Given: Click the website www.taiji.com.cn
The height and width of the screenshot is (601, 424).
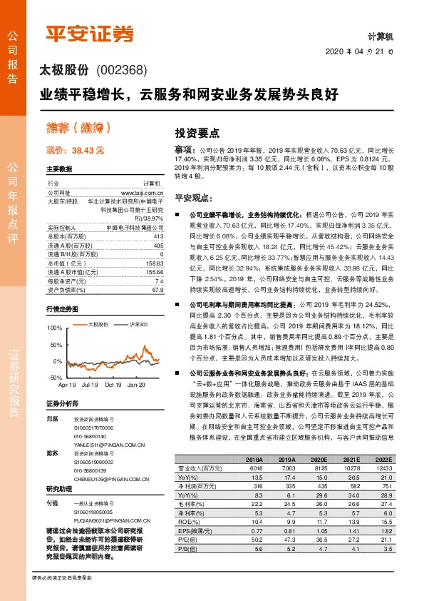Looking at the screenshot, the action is click(x=143, y=193).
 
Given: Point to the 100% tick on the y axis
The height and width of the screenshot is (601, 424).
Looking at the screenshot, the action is click(x=54, y=327).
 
